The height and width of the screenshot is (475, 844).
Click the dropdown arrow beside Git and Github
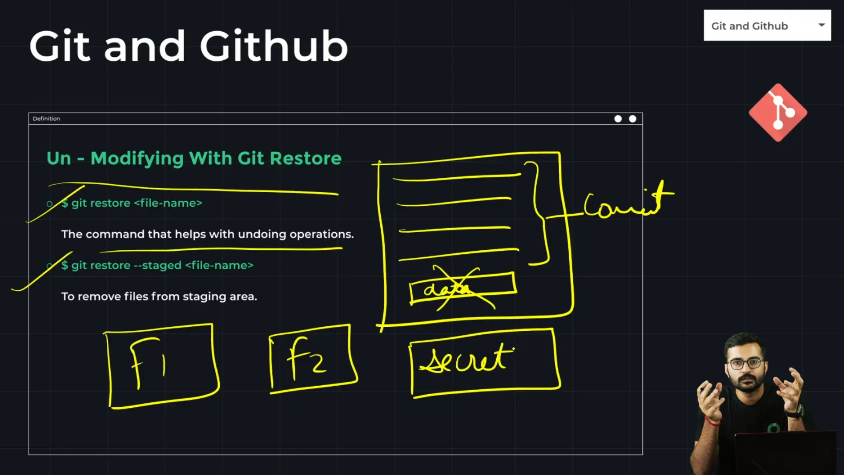pos(821,25)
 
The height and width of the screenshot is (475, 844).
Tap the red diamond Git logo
pos(778,113)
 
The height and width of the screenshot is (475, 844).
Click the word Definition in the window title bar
pos(46,119)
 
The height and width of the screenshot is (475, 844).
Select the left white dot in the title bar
pos(618,119)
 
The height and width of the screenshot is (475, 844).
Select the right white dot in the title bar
pos(633,119)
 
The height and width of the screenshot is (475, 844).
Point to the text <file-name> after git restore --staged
pos(219,265)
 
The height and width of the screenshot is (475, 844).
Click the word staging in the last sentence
pos(200,296)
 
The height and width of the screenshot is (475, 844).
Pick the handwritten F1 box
pos(162,366)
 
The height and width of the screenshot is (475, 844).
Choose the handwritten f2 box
pos(312,358)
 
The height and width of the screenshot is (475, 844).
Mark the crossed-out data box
pos(462,289)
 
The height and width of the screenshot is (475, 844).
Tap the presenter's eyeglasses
pos(746,364)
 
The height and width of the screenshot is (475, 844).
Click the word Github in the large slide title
pos(274,46)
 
